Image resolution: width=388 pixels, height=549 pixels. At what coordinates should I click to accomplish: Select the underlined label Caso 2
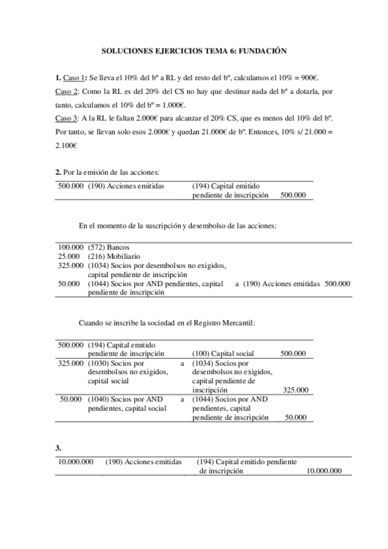tap(67, 92)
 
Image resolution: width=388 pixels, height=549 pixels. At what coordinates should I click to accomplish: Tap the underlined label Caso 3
tap(67, 118)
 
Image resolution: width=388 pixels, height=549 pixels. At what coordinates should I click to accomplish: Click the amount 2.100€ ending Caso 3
tap(66, 146)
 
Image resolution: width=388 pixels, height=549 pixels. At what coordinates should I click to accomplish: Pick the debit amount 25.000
tap(69, 256)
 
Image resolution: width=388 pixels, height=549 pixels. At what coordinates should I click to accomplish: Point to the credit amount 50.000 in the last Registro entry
tap(296, 418)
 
